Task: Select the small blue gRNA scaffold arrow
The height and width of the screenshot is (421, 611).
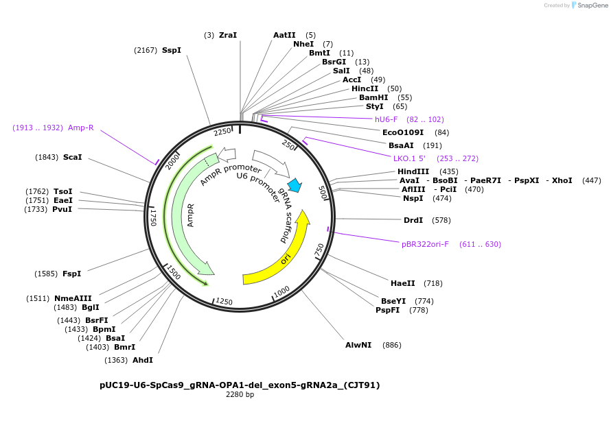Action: [x=295, y=185]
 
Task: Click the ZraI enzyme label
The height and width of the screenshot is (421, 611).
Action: [x=228, y=35]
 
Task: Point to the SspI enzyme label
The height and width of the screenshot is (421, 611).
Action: [x=172, y=50]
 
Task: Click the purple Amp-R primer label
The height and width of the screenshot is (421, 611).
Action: [x=81, y=128]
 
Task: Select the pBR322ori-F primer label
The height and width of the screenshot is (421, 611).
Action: [x=425, y=244]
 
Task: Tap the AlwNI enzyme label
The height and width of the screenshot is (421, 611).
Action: [x=358, y=345]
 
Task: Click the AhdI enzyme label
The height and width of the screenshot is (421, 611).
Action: [x=143, y=360]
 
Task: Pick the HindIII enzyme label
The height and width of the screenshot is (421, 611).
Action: [x=413, y=171]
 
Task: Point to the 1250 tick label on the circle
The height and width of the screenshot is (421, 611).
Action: [x=224, y=301]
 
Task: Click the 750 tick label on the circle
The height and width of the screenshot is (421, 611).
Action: [x=319, y=250]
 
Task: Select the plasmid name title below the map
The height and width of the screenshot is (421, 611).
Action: [x=240, y=385]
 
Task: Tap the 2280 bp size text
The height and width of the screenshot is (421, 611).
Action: [x=240, y=395]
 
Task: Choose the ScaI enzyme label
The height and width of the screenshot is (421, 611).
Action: [x=72, y=157]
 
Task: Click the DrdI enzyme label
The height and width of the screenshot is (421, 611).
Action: [x=413, y=220]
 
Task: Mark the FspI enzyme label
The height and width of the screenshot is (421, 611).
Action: [x=71, y=274]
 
